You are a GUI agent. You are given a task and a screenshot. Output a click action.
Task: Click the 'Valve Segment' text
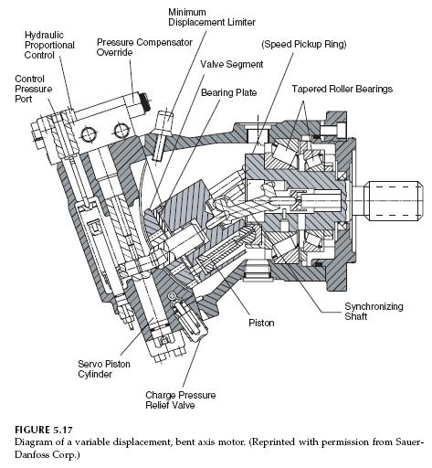click(x=232, y=64)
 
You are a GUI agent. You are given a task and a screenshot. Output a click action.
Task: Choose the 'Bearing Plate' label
click(x=231, y=92)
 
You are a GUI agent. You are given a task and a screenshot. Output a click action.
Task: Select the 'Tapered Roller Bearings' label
click(x=342, y=89)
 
